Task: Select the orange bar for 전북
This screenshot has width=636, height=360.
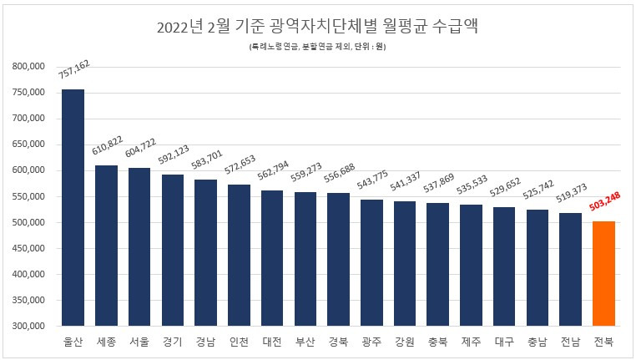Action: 603,273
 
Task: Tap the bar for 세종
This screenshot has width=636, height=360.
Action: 106,246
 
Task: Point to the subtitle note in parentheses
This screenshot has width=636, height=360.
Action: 317,47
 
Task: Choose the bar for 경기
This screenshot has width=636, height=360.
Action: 173,250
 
